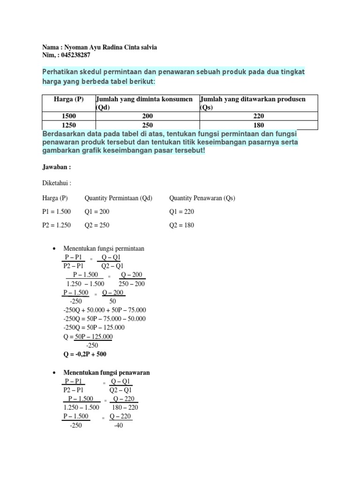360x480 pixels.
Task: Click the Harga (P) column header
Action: click(69, 99)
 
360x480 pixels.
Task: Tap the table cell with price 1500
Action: click(69, 116)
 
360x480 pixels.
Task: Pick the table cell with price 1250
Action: click(69, 125)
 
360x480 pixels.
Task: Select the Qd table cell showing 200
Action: click(148, 116)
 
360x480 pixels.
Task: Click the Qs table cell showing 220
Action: click(258, 116)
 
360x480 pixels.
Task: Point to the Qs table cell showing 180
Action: click(258, 125)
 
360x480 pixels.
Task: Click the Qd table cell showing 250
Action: click(148, 125)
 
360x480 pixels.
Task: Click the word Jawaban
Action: click(56, 167)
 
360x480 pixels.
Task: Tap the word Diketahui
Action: click(57, 183)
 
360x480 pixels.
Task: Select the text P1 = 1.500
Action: click(57, 211)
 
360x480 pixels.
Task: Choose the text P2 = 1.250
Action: click(57, 225)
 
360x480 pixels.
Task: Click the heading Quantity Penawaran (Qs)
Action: click(202, 198)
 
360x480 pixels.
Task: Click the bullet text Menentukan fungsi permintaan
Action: click(104, 248)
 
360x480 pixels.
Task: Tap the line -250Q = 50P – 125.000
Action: click(94, 328)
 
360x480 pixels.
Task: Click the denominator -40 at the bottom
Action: click(118, 426)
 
